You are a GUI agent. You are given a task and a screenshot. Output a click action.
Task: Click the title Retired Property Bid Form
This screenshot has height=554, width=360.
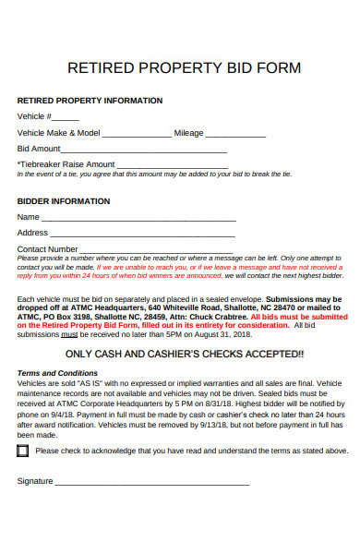coord(185,67)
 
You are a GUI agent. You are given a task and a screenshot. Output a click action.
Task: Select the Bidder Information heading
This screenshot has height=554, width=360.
coord(64,200)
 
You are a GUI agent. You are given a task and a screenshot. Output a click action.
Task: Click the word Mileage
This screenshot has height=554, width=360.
coord(189,133)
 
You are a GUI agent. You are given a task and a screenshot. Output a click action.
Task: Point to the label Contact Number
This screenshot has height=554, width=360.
coord(47,248)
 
